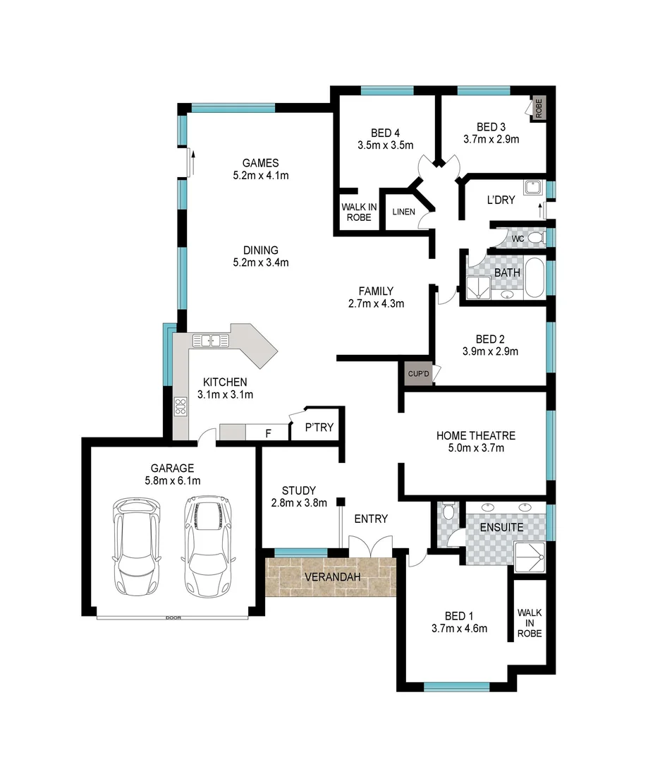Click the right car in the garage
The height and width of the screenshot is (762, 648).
point(208,545)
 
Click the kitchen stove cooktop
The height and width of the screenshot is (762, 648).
point(181,406)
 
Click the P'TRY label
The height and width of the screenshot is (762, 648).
point(319,428)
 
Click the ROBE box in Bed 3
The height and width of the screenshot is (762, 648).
point(539,109)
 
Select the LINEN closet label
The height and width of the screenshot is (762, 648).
point(404,212)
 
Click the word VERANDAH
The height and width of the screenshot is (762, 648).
point(332,577)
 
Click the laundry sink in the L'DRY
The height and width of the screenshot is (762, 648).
point(534,188)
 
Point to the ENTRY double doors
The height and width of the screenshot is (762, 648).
point(371,547)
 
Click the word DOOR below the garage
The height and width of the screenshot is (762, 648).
point(173,618)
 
